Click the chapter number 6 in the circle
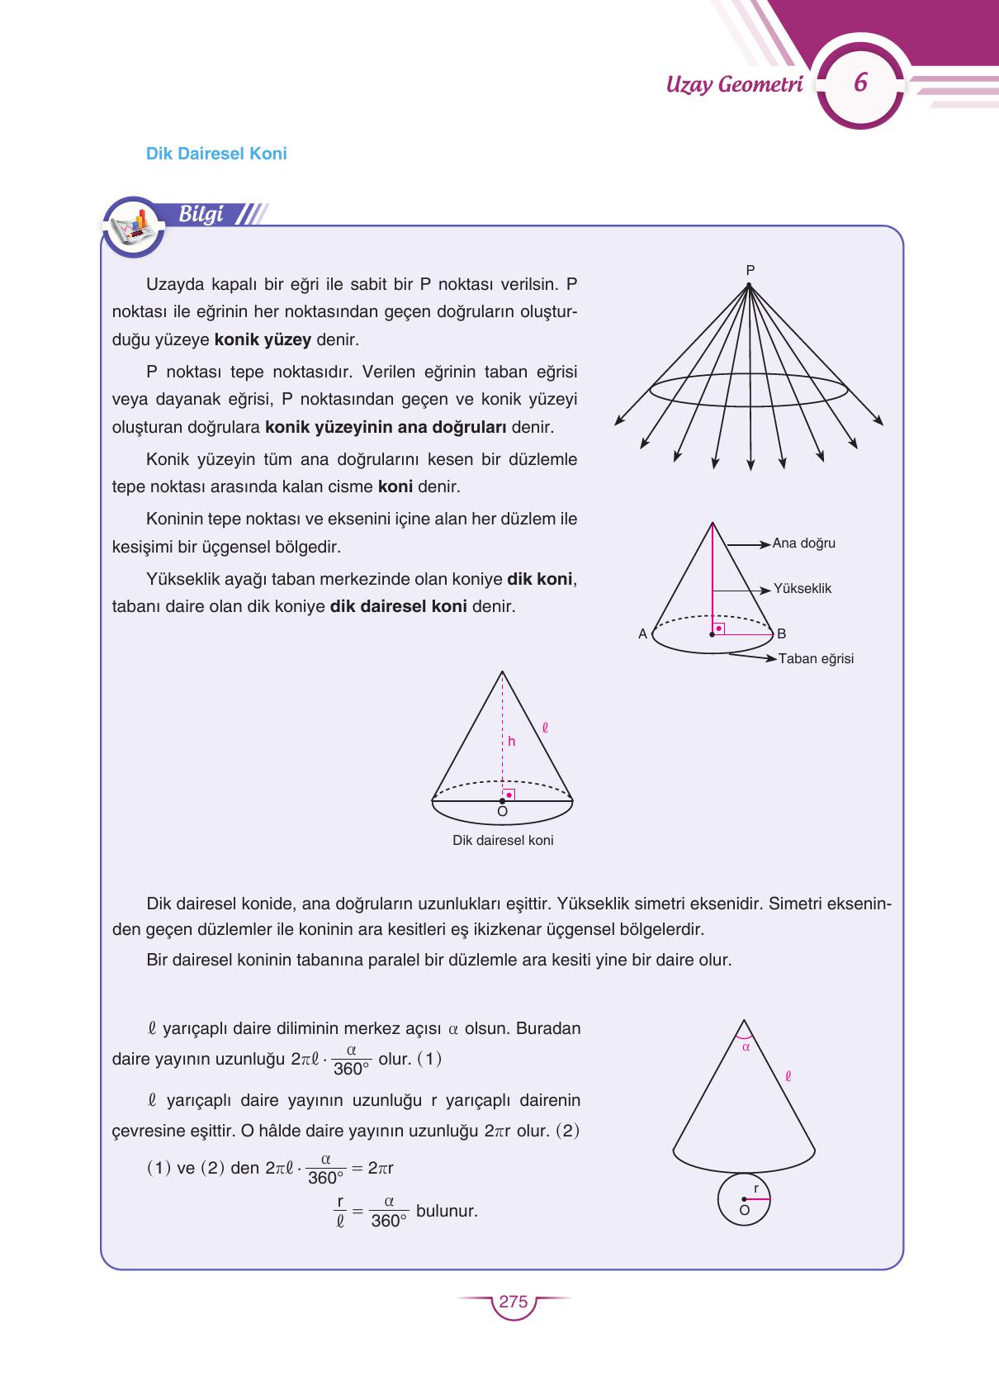click(x=860, y=83)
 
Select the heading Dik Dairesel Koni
click(x=216, y=154)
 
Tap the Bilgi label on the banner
click(x=201, y=214)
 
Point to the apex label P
click(x=750, y=269)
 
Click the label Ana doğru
click(x=803, y=543)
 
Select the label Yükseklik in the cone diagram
click(x=802, y=589)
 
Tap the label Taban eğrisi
click(x=816, y=659)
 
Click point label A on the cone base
click(x=642, y=634)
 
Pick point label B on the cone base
click(x=781, y=634)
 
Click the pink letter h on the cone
click(x=512, y=742)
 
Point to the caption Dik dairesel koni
click(x=503, y=841)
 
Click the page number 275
click(x=513, y=1302)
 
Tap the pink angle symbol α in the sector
click(x=745, y=1046)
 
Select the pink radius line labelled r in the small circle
click(x=756, y=1199)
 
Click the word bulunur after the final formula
click(x=447, y=1212)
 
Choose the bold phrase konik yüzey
click(x=263, y=339)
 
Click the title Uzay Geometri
click(x=734, y=84)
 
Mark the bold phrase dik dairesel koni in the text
click(x=398, y=606)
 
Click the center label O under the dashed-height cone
click(x=502, y=812)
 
